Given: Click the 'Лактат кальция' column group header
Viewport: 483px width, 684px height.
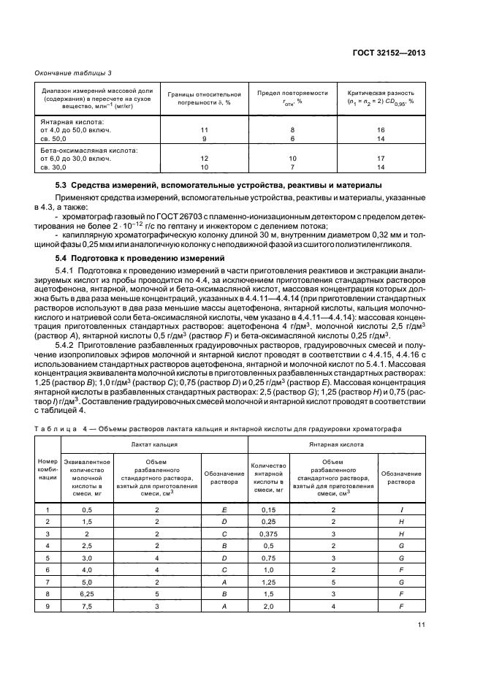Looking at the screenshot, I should (154, 443).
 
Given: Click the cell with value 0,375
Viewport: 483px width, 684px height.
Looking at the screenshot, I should (269, 534).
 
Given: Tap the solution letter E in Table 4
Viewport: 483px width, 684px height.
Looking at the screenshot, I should (224, 509).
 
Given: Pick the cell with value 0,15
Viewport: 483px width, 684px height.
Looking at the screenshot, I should (269, 509).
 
